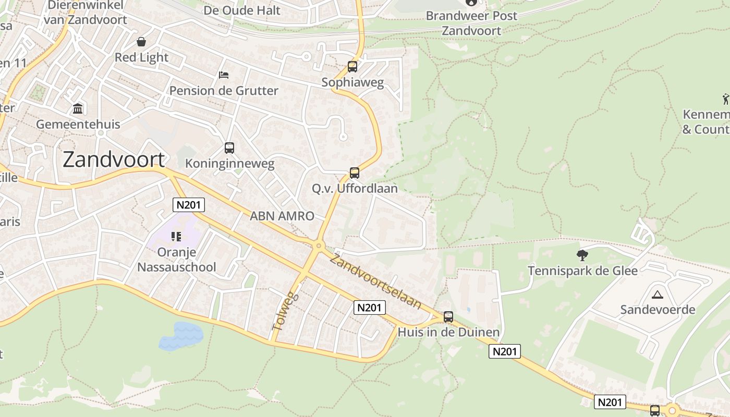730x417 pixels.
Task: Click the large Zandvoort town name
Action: pyautogui.click(x=114, y=159)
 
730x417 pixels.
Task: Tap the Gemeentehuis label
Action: pyautogui.click(x=78, y=125)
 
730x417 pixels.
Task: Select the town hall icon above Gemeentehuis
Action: pyautogui.click(x=78, y=108)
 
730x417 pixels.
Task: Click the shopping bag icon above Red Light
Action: pyautogui.click(x=141, y=42)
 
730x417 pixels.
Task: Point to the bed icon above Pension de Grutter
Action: pyautogui.click(x=224, y=75)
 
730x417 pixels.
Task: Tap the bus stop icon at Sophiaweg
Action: pyautogui.click(x=352, y=67)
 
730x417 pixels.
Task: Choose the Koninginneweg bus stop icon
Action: pyautogui.click(x=229, y=148)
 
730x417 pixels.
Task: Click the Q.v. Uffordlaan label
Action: pyautogui.click(x=355, y=188)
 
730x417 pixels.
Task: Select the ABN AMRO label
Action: pyautogui.click(x=282, y=216)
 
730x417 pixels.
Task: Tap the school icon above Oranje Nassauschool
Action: pyautogui.click(x=176, y=237)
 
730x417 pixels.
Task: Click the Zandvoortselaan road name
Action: pyautogui.click(x=375, y=281)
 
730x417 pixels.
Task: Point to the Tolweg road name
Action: pyautogui.click(x=285, y=312)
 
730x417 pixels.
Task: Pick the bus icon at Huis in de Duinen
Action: pyautogui.click(x=448, y=316)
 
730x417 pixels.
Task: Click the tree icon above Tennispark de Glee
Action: pyautogui.click(x=582, y=255)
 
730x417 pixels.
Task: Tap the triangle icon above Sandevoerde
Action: pyautogui.click(x=658, y=295)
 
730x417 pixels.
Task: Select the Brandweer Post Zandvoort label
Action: pyautogui.click(x=471, y=23)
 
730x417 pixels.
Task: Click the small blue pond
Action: pyautogui.click(x=180, y=336)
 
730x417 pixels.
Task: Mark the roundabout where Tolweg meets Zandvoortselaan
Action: pyautogui.click(x=318, y=246)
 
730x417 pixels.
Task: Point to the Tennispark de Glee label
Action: pyautogui.click(x=582, y=271)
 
